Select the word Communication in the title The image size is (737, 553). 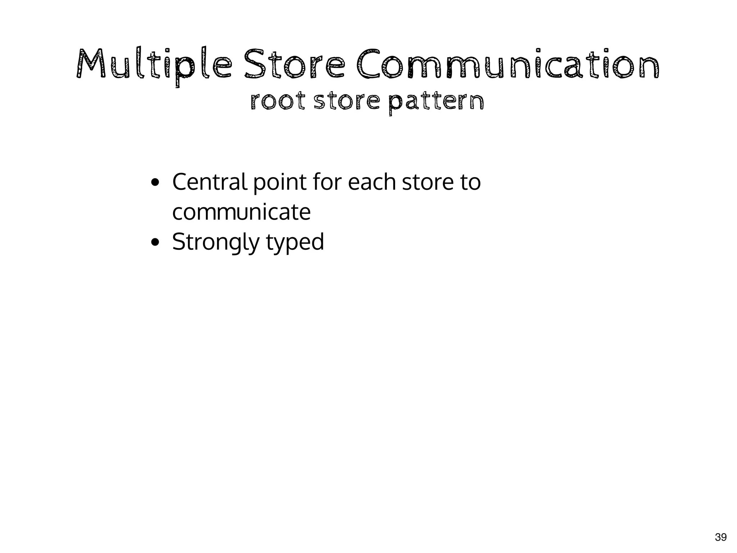pos(508,65)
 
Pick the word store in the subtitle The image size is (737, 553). pos(347,102)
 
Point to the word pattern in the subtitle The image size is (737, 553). pos(437,103)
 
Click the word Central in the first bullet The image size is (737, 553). pos(209,182)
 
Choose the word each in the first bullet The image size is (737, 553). pos(372,182)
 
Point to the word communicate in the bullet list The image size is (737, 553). pos(241,212)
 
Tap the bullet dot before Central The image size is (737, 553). pos(155,183)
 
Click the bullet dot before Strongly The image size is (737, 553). pos(155,243)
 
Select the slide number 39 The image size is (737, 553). pos(720,538)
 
